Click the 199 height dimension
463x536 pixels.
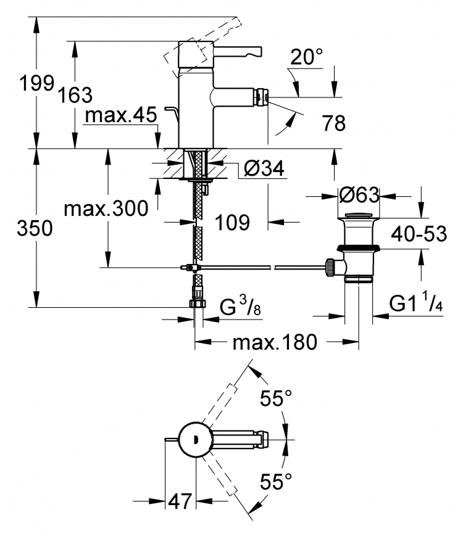click(x=36, y=83)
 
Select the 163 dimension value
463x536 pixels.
click(x=75, y=95)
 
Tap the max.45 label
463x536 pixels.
click(x=121, y=115)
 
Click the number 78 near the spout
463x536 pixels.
click(x=333, y=123)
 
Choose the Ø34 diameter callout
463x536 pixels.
click(x=264, y=168)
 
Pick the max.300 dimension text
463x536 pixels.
click(x=106, y=208)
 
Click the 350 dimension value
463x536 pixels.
click(x=35, y=228)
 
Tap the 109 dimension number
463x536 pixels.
click(x=232, y=223)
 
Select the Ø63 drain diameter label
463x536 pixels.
click(x=359, y=195)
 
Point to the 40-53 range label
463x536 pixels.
click(x=419, y=234)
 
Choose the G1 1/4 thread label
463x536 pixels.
click(x=416, y=302)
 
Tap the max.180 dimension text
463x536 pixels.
click(x=275, y=342)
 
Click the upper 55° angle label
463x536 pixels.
click(x=276, y=398)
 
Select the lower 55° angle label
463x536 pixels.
click(x=276, y=481)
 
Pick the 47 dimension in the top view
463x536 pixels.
click(x=180, y=501)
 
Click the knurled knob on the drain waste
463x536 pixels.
click(x=330, y=268)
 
